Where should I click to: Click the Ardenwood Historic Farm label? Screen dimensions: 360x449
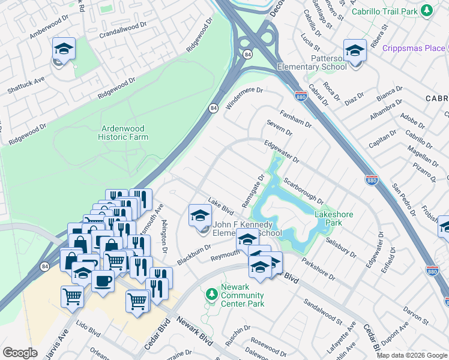tap(123, 132)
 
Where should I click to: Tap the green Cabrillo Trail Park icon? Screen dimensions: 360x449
tap(427, 10)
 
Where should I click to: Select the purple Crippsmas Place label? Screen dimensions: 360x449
tap(415, 48)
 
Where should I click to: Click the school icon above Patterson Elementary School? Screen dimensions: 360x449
tap(354, 50)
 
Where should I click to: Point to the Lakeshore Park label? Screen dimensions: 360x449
tap(334, 218)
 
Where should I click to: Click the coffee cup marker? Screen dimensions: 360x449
tap(103, 280)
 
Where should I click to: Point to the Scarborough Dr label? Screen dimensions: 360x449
tap(304, 191)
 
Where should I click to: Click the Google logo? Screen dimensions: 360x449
tap(20, 353)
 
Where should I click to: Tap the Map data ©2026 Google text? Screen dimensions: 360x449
tap(412, 355)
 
